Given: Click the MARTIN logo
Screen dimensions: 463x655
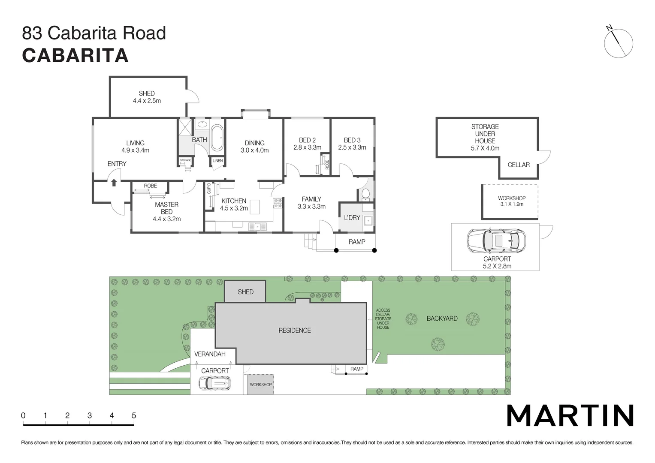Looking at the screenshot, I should (570, 415).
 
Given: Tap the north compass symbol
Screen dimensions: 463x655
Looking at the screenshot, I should (618, 43).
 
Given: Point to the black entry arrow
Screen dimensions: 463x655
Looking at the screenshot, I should (114, 183).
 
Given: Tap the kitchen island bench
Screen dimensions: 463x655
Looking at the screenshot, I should (255, 207).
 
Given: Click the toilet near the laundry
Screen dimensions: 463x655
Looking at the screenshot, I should (365, 194).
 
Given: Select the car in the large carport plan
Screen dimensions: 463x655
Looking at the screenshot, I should (495, 241).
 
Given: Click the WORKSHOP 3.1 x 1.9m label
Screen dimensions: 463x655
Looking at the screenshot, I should (511, 201).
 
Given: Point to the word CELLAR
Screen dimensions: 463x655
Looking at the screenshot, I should (518, 165).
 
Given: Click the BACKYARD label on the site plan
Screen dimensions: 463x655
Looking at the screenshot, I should (442, 319).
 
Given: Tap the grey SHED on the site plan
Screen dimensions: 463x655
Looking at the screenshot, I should (245, 292).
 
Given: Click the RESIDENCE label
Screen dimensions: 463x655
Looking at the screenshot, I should (294, 331).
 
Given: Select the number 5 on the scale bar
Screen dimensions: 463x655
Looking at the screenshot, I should (134, 415).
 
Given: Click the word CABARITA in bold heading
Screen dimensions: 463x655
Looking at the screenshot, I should (75, 55).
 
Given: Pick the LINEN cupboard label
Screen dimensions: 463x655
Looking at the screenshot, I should (217, 161).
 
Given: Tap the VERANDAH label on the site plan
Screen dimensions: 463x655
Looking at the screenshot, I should (210, 354).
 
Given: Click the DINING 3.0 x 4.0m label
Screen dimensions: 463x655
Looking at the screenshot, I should (255, 147).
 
